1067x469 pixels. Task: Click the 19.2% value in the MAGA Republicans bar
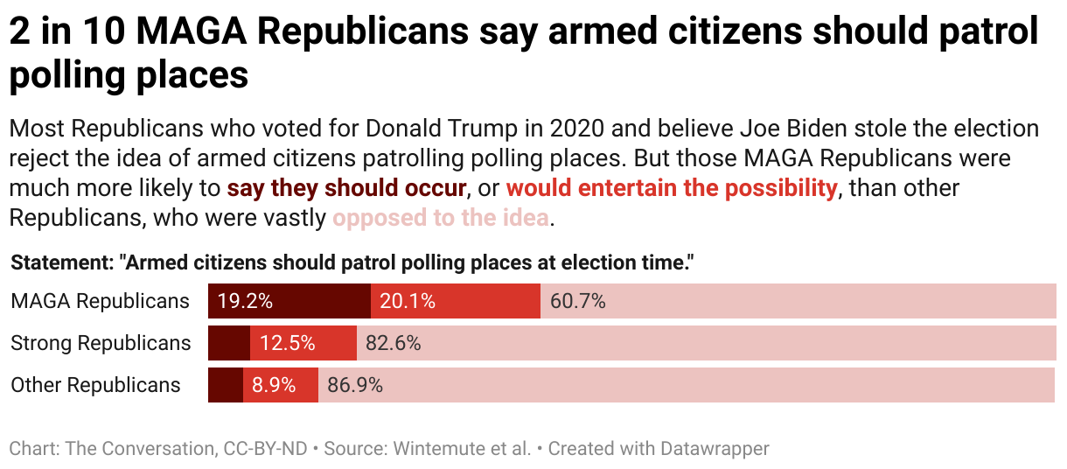pos(245,301)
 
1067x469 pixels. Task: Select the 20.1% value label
pos(408,301)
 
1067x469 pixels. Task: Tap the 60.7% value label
pos(577,301)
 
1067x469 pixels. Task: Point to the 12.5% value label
pos(288,343)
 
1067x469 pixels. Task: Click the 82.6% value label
pos(393,343)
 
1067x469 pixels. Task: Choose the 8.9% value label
pos(273,385)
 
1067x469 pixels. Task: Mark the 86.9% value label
pos(354,385)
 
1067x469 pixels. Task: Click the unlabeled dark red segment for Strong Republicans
pos(229,343)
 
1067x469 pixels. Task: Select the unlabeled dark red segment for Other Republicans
pos(225,385)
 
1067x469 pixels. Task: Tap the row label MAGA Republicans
pos(100,301)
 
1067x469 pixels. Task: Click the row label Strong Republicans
pos(101,343)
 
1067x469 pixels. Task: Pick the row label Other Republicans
pos(95,385)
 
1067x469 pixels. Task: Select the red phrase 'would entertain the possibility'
pos(671,188)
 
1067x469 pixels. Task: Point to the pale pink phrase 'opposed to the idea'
pos(440,218)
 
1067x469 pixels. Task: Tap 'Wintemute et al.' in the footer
pos(463,449)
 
